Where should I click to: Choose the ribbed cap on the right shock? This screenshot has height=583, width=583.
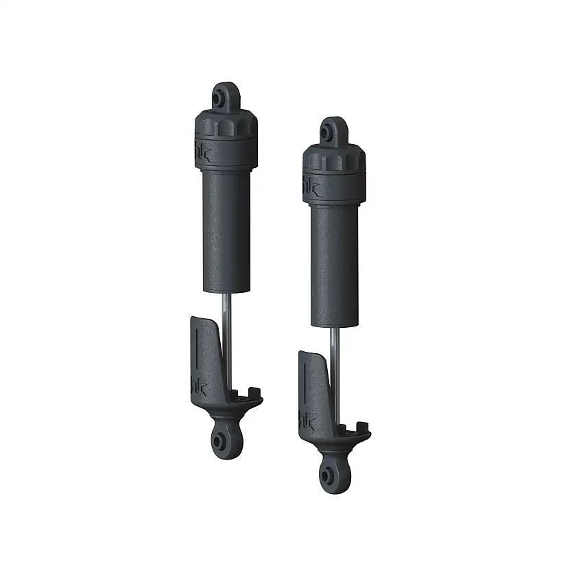[334, 159]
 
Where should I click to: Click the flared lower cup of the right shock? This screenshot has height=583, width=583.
[336, 443]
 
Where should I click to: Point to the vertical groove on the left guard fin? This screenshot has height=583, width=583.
[198, 357]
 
